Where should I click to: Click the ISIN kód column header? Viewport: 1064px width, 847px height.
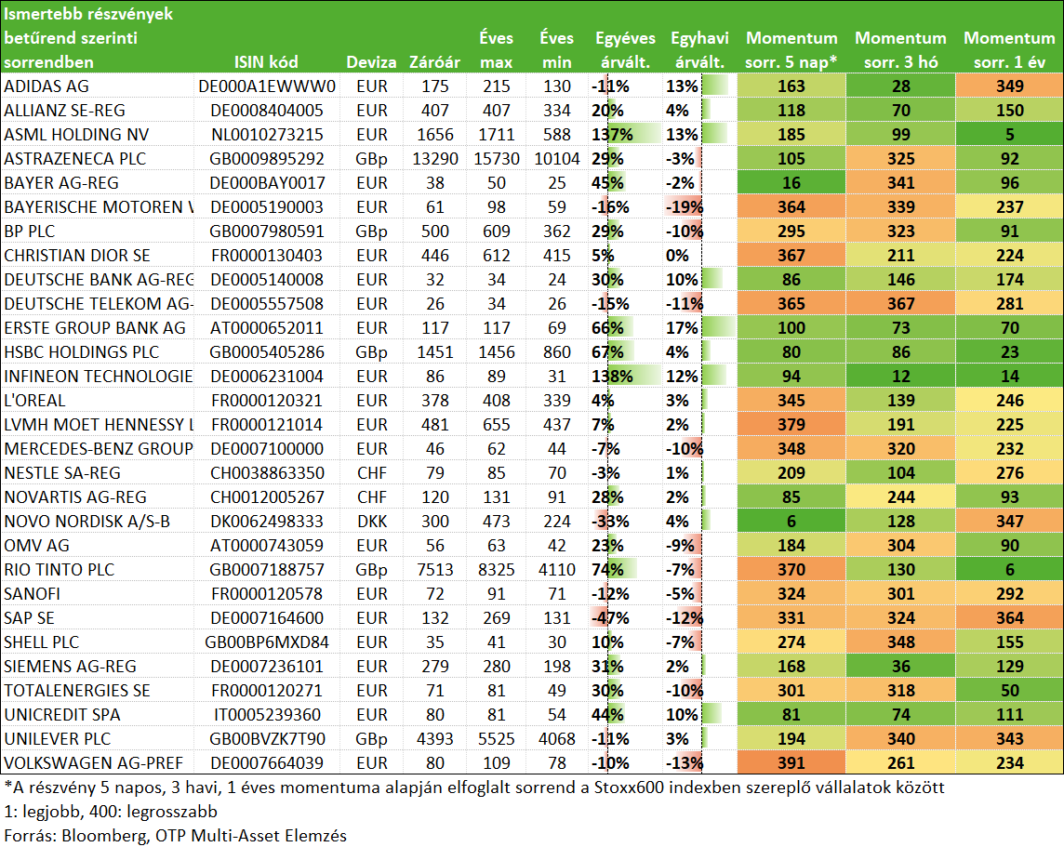[266, 62]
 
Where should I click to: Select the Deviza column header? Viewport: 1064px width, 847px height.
[371, 62]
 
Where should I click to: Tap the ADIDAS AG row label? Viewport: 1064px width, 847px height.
[47, 86]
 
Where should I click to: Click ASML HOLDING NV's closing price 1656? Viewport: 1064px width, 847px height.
[435, 134]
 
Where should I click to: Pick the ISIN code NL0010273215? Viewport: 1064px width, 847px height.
[267, 134]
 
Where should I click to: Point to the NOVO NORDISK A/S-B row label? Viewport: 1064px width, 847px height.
[86, 522]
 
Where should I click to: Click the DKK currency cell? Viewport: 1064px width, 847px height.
[372, 522]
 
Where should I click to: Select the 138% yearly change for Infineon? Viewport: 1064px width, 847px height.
[612, 377]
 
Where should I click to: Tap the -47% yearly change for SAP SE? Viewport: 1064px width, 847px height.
[610, 618]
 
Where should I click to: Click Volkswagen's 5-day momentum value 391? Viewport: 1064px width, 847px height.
[791, 763]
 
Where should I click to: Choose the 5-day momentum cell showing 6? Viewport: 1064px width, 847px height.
[791, 522]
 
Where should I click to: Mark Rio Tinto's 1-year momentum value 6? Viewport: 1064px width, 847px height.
[1010, 570]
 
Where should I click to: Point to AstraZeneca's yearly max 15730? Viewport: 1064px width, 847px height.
[497, 159]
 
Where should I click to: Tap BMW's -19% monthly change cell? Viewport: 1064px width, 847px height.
[684, 206]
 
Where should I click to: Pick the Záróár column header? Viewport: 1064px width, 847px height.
[435, 62]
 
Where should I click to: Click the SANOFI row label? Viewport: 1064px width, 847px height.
[32, 594]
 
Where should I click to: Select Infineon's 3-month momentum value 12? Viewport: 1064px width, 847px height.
[901, 377]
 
